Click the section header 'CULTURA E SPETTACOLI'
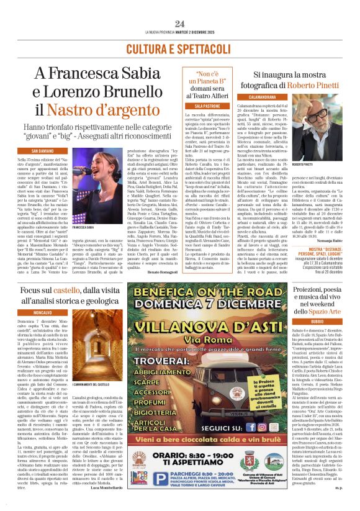[x=180, y=48]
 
